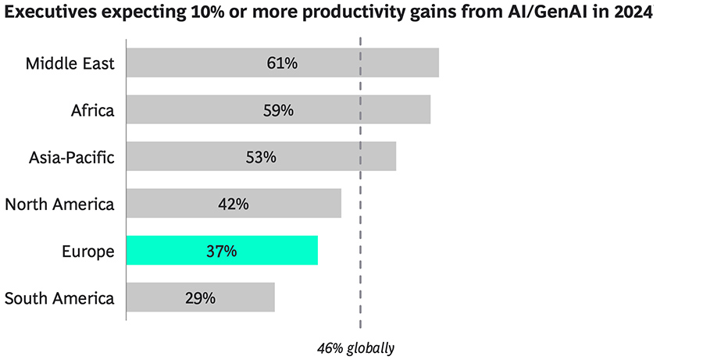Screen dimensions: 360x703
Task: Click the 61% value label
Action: coord(282,62)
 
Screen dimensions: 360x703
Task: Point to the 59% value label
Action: coord(278,110)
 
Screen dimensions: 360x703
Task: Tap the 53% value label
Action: coord(261,157)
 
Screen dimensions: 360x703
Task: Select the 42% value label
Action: coord(234,204)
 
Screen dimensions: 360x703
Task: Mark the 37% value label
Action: coord(222,251)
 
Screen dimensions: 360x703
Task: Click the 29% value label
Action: coord(200,298)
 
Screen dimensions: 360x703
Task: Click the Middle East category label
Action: coord(70,63)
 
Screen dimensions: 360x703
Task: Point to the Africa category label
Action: coord(92,110)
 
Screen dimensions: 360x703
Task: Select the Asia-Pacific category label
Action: coord(71,157)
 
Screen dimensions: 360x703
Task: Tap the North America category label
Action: coord(59,205)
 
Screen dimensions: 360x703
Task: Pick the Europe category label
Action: coord(88,251)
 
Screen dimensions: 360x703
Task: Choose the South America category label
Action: coord(59,298)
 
